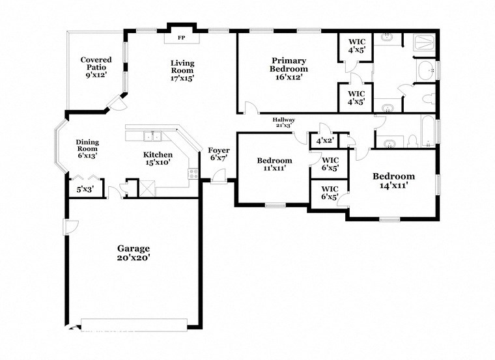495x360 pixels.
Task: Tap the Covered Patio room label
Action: click(x=96, y=67)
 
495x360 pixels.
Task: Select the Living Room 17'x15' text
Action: click(x=182, y=70)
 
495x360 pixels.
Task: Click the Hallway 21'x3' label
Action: click(x=284, y=122)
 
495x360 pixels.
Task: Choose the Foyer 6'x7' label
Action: click(x=218, y=154)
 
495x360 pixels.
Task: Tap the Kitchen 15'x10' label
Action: click(x=158, y=158)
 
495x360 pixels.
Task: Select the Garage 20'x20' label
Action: click(x=134, y=253)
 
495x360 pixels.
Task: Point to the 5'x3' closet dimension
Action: click(x=85, y=189)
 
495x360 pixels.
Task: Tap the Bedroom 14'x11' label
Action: click(x=393, y=180)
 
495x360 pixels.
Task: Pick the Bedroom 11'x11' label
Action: click(x=274, y=164)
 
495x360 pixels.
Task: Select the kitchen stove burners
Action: click(x=193, y=174)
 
